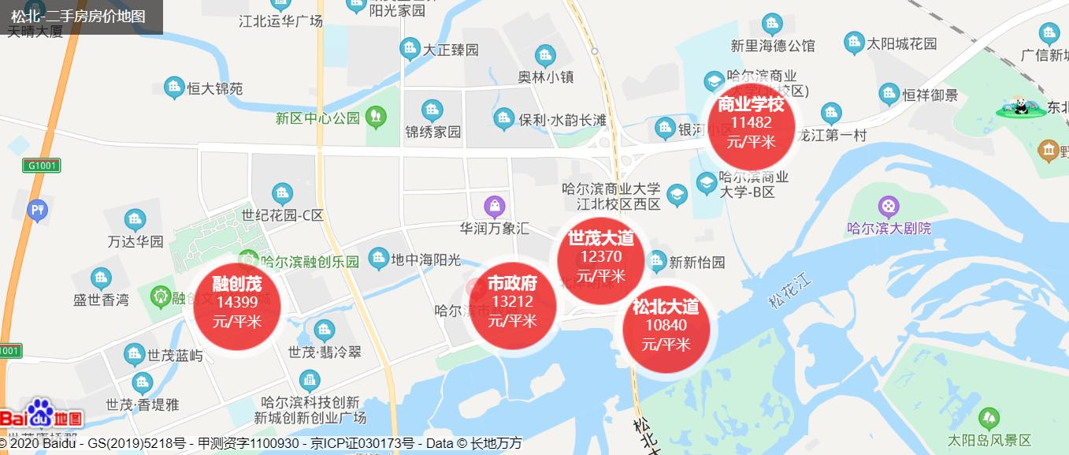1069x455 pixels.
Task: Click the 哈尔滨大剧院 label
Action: pyautogui.click(x=889, y=229)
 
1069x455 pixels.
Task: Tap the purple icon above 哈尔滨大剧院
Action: pyautogui.click(x=889, y=207)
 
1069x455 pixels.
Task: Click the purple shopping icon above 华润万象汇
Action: pyautogui.click(x=495, y=207)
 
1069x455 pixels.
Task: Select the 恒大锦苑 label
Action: pyautogui.click(x=215, y=89)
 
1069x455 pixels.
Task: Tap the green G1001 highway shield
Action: pyautogui.click(x=41, y=166)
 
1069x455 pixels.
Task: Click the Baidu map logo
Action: pyautogui.click(x=41, y=416)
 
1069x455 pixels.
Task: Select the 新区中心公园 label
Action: pyautogui.click(x=317, y=119)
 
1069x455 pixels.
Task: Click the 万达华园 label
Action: pyautogui.click(x=135, y=241)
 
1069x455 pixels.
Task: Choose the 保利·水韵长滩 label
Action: pyautogui.click(x=562, y=121)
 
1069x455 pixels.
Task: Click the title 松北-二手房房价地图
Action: pyautogui.click(x=79, y=16)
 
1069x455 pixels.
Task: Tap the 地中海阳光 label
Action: pyautogui.click(x=426, y=259)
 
